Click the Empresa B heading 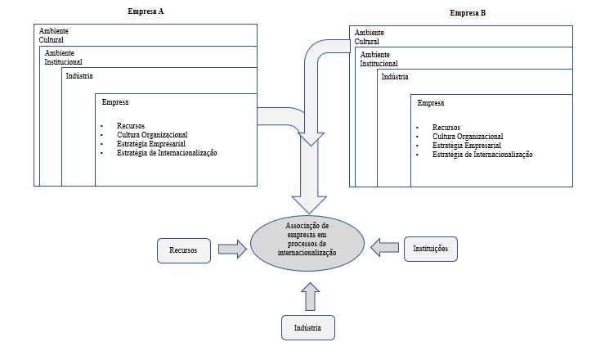click(x=468, y=13)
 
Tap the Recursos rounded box click(x=183, y=250)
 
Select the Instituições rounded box click(x=431, y=248)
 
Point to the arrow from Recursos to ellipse click(x=232, y=250)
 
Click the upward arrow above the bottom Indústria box click(x=308, y=297)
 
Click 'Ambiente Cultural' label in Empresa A click(x=52, y=34)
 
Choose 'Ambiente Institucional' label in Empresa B click(x=379, y=59)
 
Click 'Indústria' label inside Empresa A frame click(x=79, y=76)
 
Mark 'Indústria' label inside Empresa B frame click(x=395, y=77)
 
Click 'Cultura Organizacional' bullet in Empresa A click(x=152, y=134)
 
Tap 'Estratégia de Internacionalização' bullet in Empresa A click(x=167, y=153)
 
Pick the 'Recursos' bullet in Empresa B click(x=446, y=128)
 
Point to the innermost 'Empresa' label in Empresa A click(x=115, y=102)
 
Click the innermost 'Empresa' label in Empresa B click(x=431, y=104)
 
